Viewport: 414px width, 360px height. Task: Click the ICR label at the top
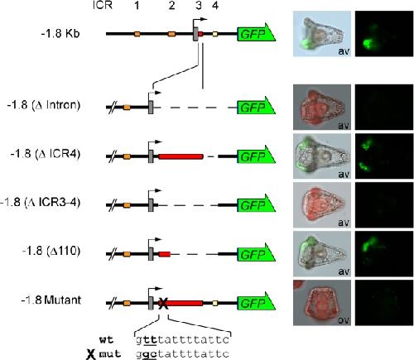103,5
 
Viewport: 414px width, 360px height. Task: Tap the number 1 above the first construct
137,5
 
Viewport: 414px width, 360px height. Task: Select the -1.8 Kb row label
60,33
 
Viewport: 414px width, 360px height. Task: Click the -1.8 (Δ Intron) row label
44,105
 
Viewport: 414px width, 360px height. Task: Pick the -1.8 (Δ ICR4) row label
46,154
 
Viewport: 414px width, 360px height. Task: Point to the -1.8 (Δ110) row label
51,251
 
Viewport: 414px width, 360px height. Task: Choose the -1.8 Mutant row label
51,300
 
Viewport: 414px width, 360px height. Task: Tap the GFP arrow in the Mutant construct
256,303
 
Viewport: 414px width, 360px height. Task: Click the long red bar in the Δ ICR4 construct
181,156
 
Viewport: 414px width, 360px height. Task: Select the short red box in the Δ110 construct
165,254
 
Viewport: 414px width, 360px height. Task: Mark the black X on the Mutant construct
163,304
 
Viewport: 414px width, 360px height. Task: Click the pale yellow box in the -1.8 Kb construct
215,34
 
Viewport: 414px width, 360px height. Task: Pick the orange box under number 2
171,34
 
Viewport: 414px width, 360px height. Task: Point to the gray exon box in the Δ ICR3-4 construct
151,205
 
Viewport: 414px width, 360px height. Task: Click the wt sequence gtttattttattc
182,340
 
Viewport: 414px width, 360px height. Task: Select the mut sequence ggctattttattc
182,353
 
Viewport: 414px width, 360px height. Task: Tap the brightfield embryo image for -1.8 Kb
322,34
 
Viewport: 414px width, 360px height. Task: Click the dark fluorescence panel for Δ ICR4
384,156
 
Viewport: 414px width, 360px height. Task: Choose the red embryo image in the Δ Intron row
322,107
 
